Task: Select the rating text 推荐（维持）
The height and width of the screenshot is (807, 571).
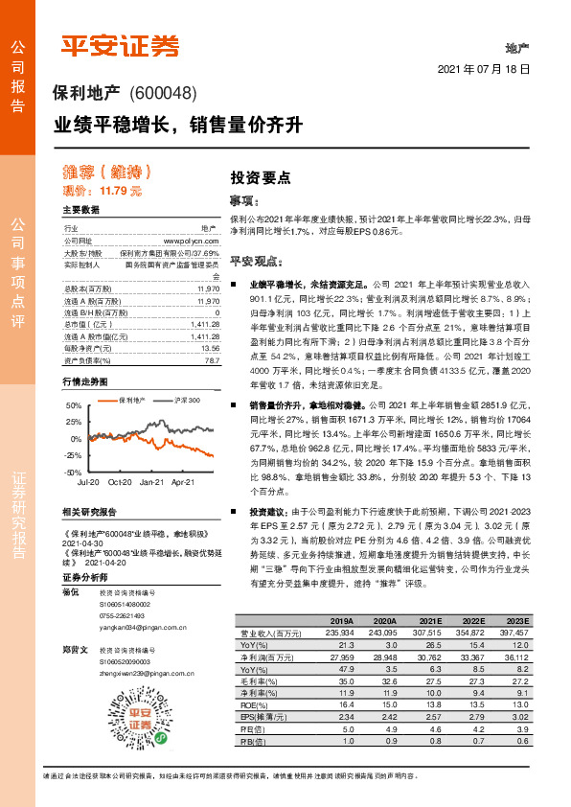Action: [x=108, y=173]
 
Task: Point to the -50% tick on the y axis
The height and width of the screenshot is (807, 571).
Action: [x=73, y=446]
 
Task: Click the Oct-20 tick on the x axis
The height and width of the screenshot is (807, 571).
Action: [x=120, y=455]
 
